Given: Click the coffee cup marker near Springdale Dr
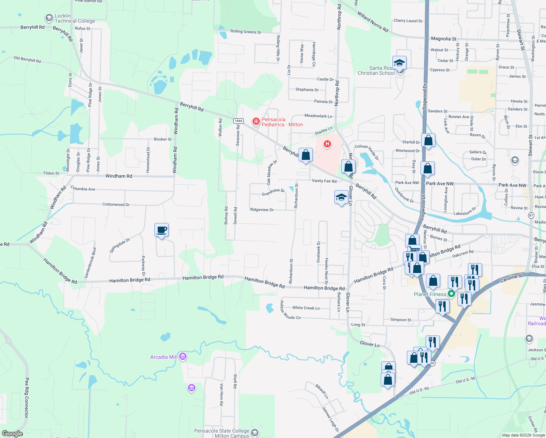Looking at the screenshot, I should tap(161, 230).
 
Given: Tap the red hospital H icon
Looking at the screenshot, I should tap(327, 144).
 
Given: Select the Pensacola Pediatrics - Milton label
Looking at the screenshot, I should tap(282, 122).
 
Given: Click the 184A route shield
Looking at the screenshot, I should tap(238, 121).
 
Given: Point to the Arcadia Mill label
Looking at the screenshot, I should tap(164, 357).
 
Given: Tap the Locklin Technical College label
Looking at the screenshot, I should tap(74, 18).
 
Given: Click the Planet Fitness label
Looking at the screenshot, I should tap(430, 294).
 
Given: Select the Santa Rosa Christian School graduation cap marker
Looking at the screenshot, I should tap(399, 63).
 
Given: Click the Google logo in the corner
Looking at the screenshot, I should tap(12, 433).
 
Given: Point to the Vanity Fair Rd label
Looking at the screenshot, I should tap(324, 181).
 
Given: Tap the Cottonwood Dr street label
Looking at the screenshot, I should tap(116, 204).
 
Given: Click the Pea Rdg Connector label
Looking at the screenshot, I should tap(27, 398).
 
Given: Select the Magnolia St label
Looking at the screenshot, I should tap(443, 39).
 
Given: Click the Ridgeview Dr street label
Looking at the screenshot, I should tap(262, 210).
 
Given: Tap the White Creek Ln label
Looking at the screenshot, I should tap(306, 308).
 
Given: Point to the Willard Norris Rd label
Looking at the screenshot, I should tap(373, 22).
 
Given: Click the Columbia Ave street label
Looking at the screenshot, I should tap(83, 189).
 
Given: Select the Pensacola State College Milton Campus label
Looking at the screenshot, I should tap(222, 433).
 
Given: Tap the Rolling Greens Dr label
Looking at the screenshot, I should tap(246, 32).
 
